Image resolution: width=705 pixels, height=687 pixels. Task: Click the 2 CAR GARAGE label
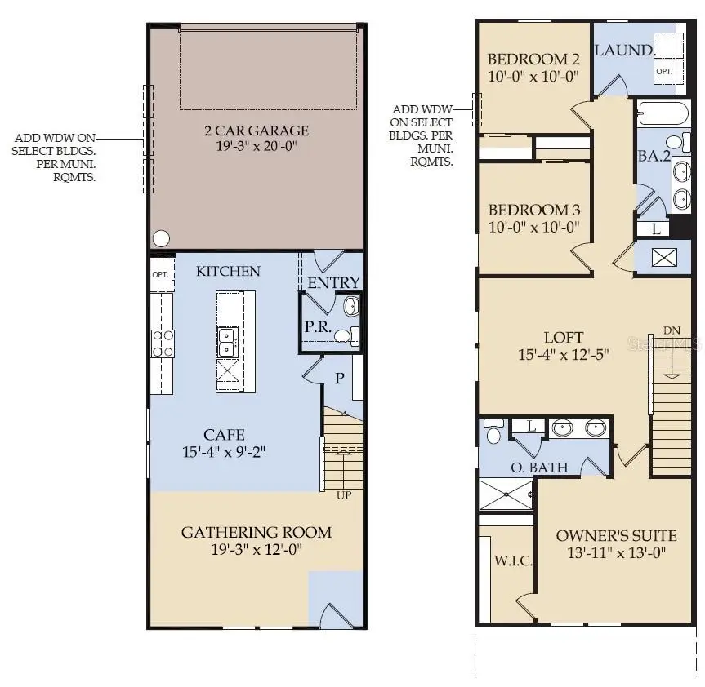(x=257, y=131)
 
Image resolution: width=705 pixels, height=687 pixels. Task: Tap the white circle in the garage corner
(x=162, y=238)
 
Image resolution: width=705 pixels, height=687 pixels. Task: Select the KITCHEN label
(x=228, y=271)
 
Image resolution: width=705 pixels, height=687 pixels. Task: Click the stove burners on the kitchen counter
(x=162, y=343)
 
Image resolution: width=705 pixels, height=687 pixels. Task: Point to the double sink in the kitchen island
(x=226, y=335)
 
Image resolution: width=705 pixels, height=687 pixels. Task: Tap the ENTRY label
(x=333, y=282)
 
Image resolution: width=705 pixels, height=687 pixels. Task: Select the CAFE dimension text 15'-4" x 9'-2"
(x=225, y=450)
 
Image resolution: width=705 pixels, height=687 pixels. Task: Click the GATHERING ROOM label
(x=257, y=533)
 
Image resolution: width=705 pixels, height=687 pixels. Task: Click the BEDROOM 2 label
(x=533, y=60)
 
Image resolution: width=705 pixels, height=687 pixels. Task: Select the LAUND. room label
(x=624, y=51)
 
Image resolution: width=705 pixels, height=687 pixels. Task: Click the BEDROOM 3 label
(x=533, y=210)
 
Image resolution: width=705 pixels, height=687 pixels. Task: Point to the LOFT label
(x=564, y=337)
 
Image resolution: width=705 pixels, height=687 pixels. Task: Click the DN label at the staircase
(x=672, y=330)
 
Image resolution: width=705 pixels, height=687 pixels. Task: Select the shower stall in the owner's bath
(x=506, y=494)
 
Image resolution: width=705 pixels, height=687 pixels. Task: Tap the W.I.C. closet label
(x=514, y=561)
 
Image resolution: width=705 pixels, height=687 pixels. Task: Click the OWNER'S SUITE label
(x=616, y=536)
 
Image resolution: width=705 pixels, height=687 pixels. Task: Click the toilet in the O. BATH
(x=493, y=432)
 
